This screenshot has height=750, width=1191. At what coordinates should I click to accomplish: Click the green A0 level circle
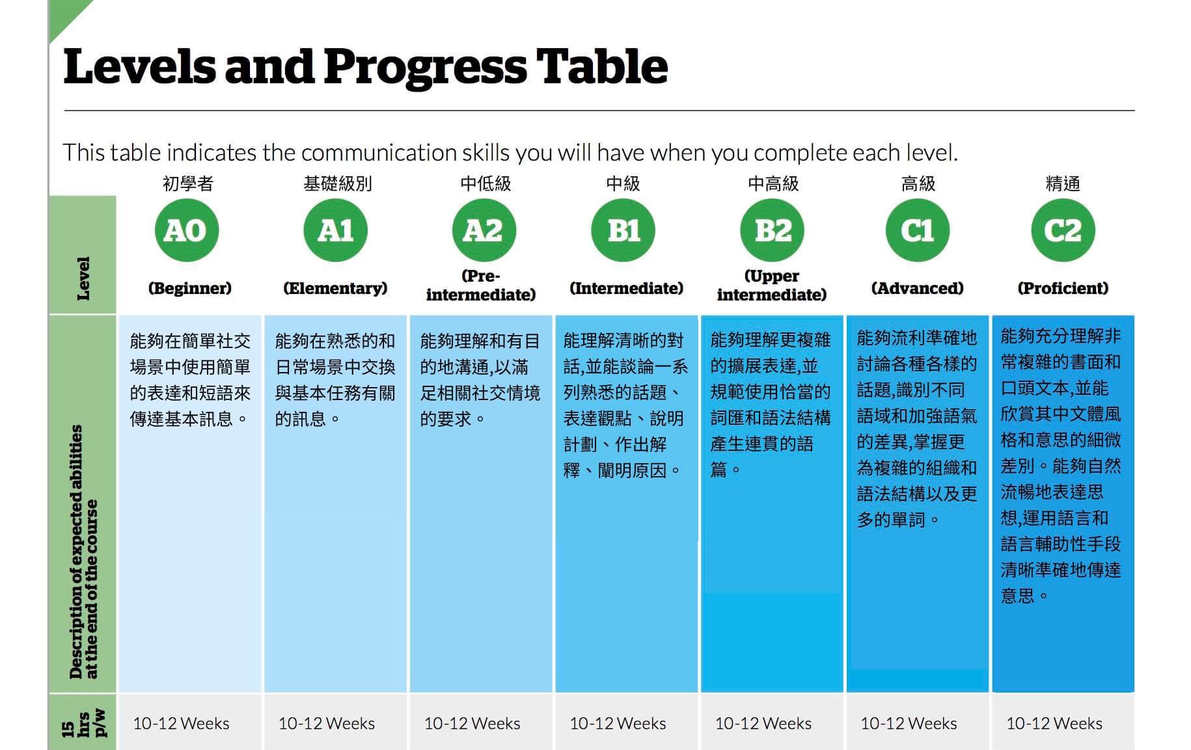[187, 230]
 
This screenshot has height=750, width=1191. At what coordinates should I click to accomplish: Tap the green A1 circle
[335, 230]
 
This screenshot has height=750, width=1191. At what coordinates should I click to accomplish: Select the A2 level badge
[484, 230]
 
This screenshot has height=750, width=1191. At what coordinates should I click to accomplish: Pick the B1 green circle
[623, 230]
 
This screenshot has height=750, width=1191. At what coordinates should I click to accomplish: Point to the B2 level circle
[773, 230]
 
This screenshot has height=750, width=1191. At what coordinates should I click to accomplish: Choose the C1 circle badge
[918, 230]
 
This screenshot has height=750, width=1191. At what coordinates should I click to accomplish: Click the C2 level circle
[1063, 230]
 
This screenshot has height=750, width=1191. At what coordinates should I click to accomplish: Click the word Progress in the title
[424, 68]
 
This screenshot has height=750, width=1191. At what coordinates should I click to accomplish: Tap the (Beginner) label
[189, 288]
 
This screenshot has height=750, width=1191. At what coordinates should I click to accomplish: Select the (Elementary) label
[335, 288]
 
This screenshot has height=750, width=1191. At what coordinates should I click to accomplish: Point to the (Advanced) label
[918, 288]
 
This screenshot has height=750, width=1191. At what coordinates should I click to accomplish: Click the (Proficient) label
[1063, 288]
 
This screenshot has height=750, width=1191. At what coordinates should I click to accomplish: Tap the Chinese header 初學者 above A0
[188, 183]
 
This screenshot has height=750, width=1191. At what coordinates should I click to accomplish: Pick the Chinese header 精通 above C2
[1063, 183]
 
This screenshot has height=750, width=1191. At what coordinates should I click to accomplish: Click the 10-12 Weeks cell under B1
[618, 723]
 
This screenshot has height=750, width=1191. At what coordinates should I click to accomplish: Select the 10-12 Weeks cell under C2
[1054, 723]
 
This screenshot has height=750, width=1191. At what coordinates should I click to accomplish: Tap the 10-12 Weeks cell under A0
[181, 723]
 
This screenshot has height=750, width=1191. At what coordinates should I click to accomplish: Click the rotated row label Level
[83, 278]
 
